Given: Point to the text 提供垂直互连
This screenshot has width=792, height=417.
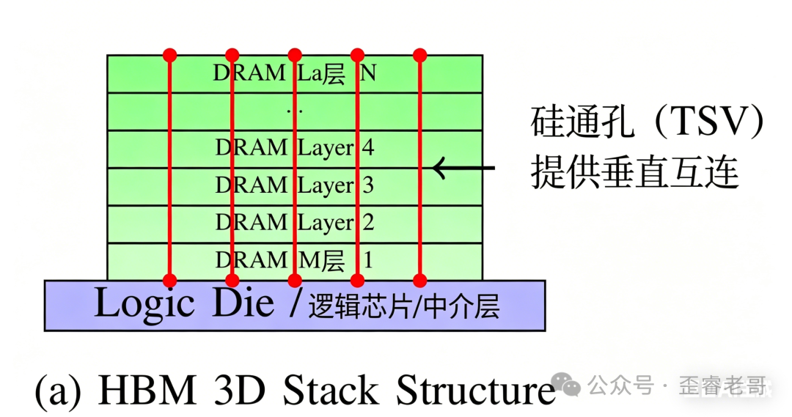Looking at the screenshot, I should point(634,174).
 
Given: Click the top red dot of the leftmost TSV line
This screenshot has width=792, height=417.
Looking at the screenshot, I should point(170,54).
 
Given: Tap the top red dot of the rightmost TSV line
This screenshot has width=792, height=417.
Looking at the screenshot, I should point(420,54).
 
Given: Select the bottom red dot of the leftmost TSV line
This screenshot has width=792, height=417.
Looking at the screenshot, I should point(170,280).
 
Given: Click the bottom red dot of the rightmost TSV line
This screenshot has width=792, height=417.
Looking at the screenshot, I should point(420,280).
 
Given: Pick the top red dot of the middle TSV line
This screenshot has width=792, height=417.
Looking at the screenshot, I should point(295,54).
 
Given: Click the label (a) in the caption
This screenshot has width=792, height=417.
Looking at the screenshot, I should point(57,391).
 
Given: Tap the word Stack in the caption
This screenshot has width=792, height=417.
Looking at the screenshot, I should point(331,391).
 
